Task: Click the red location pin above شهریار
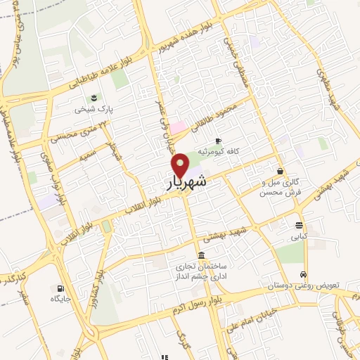pos(181,165)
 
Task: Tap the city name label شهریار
pos(187,182)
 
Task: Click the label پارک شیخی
pos(96,110)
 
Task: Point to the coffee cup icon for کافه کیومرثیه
pos(218,141)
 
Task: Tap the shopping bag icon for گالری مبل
pos(280,171)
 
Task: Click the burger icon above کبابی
pos(300,225)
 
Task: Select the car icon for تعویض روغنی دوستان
pos(302,275)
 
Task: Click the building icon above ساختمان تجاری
pos(202,255)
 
